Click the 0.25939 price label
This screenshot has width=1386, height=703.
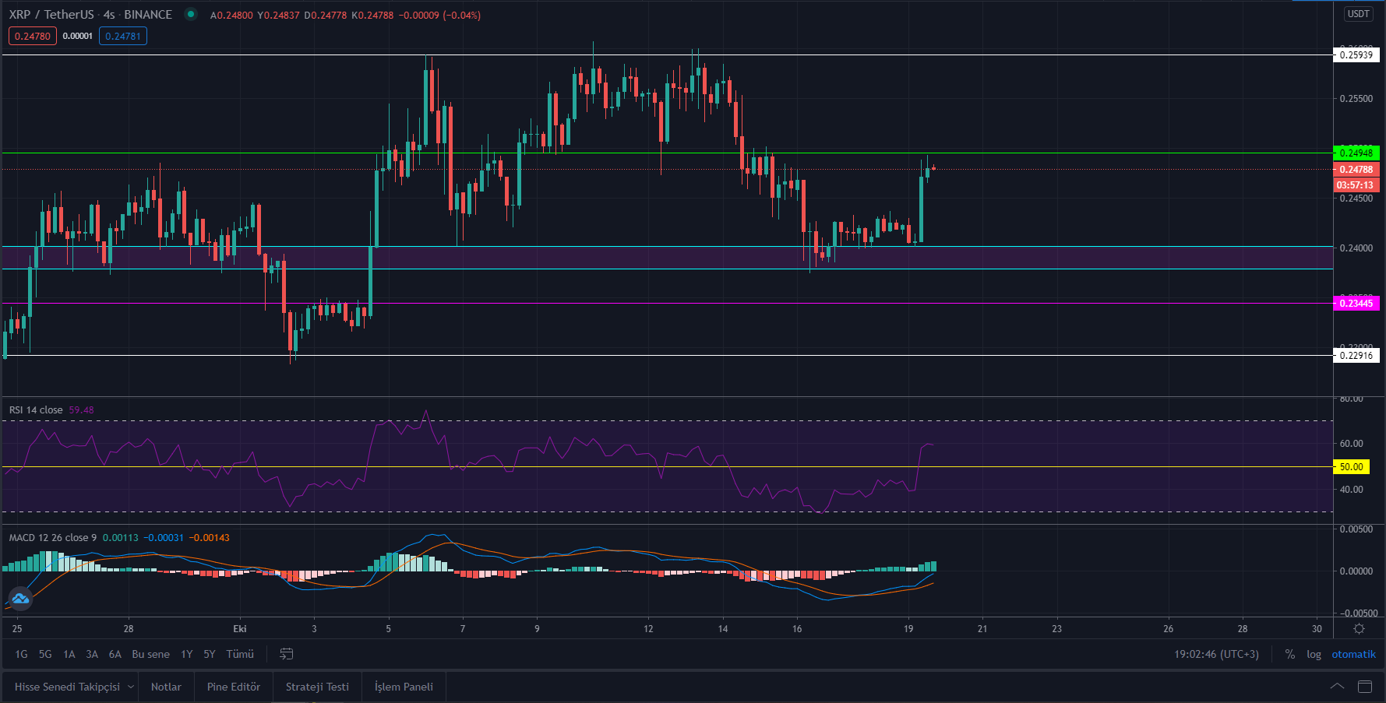[1356, 54]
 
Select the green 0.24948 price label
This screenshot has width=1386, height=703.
[1356, 153]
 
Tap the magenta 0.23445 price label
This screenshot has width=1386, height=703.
[1356, 303]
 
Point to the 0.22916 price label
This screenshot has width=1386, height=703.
[1356, 355]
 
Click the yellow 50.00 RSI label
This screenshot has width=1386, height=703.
[1351, 467]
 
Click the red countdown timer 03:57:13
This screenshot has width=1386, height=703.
[1356, 185]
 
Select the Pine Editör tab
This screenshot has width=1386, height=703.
[234, 687]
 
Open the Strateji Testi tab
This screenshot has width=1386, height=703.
[317, 687]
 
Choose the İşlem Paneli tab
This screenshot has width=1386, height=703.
[404, 687]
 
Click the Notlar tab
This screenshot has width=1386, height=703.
[166, 687]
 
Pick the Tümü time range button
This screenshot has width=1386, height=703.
[240, 654]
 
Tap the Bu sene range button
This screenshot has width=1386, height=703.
[150, 654]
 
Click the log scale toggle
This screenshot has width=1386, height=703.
[1314, 654]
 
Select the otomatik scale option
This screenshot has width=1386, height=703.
[1353, 654]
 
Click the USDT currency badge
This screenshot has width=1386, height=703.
[1359, 14]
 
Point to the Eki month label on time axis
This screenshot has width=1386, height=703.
[240, 628]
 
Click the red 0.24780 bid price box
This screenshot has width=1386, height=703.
[33, 36]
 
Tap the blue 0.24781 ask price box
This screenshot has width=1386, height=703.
[123, 36]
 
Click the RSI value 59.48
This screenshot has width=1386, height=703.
[81, 409]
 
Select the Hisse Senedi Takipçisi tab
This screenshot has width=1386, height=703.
[67, 687]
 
